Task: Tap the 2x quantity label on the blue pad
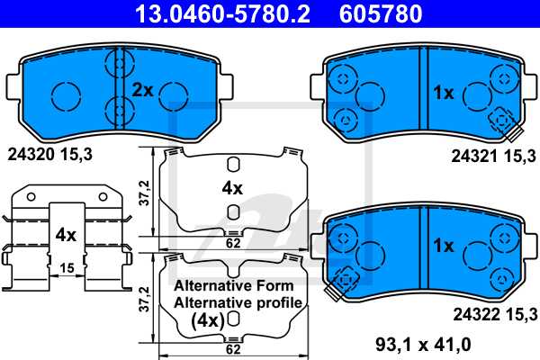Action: coord(144,90)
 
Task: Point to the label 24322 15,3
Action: coord(493,313)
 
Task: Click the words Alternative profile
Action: coord(239,302)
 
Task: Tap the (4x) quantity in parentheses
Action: coord(209,319)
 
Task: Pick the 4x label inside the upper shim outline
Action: coord(232,188)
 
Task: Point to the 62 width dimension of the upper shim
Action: coord(231,242)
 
